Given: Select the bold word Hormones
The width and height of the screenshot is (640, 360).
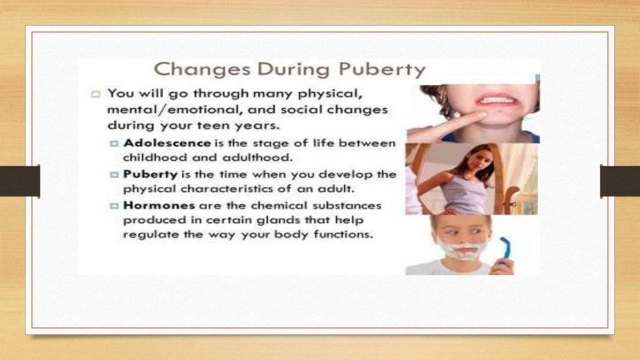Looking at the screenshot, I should pos(160,205).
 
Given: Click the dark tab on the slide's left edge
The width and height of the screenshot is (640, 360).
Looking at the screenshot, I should pos(20,181).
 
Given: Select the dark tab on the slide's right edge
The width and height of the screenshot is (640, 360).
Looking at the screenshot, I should pos(619,181).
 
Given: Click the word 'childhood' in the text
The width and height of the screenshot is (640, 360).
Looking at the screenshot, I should pos(151,157).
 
